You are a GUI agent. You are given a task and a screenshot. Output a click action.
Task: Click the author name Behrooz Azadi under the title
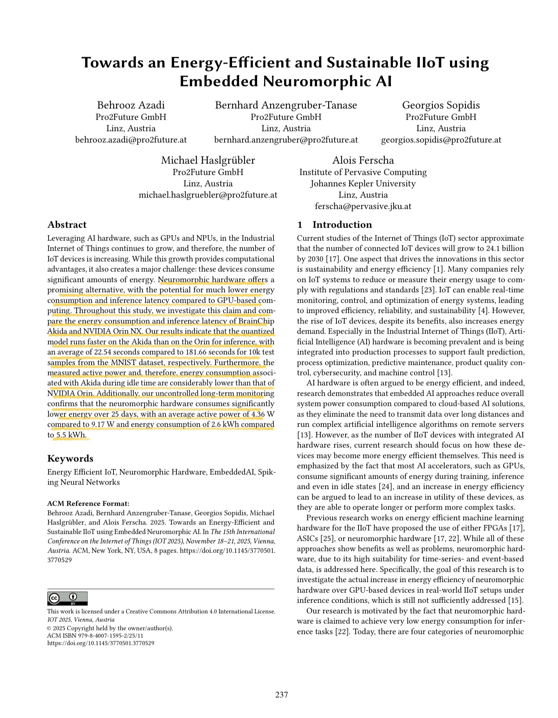tap(131, 105)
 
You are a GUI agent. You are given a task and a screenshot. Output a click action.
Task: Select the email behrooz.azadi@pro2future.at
tap(131, 140)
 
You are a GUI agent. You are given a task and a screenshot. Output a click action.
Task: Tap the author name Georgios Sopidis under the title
tap(441, 105)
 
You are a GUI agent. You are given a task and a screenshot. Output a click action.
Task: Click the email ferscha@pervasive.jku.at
tap(363, 206)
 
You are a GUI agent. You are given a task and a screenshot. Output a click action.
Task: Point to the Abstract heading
tap(67, 224)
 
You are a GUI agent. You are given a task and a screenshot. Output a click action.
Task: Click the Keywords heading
tap(70, 458)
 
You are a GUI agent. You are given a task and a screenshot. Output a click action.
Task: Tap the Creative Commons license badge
tap(67, 599)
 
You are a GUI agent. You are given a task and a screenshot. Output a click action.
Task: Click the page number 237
tap(282, 695)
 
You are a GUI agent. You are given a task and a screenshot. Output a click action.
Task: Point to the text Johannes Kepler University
tap(363, 183)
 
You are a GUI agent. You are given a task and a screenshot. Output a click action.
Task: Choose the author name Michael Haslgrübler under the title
tap(208, 160)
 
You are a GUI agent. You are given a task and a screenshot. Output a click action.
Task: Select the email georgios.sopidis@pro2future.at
tap(441, 140)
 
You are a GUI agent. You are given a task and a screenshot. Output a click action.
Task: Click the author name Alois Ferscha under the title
tap(363, 160)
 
